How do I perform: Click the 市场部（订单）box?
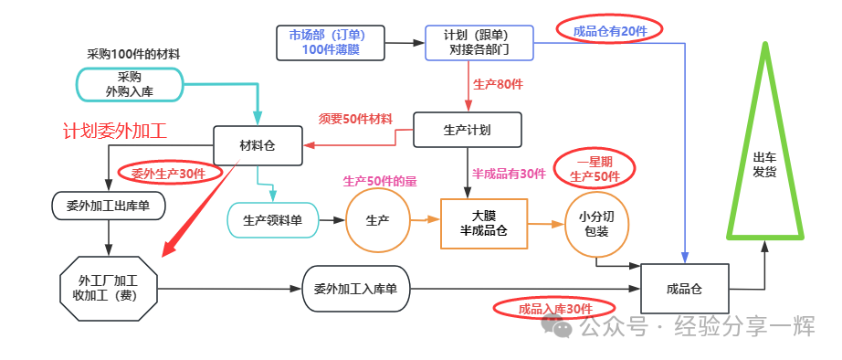(x=331, y=42)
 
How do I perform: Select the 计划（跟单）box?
(x=479, y=42)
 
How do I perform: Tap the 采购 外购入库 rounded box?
(x=130, y=84)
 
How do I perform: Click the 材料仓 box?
(x=258, y=145)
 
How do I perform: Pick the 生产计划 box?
(x=468, y=130)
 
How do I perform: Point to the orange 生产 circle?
(x=377, y=220)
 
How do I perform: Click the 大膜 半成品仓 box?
(x=484, y=224)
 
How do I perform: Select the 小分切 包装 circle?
(x=596, y=224)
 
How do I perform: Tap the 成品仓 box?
(x=685, y=289)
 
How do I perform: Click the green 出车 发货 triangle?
(x=765, y=161)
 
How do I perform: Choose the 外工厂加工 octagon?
(x=108, y=289)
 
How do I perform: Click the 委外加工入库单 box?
(x=355, y=289)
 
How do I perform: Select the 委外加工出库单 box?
(x=109, y=206)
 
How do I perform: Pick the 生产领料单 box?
(x=273, y=220)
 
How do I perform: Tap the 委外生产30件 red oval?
(x=169, y=173)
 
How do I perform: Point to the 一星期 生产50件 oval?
(x=595, y=169)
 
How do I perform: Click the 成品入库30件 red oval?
(x=554, y=309)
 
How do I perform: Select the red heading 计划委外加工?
(x=114, y=131)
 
